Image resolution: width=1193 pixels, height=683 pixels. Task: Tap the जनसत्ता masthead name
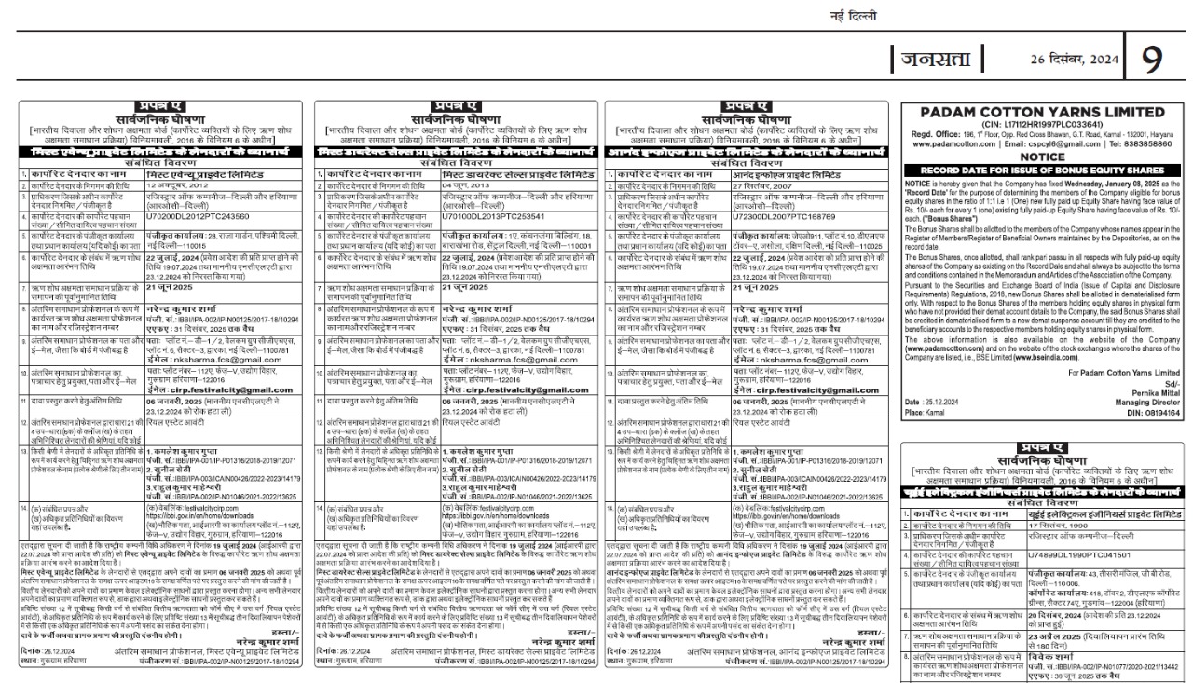[x=938, y=60]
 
